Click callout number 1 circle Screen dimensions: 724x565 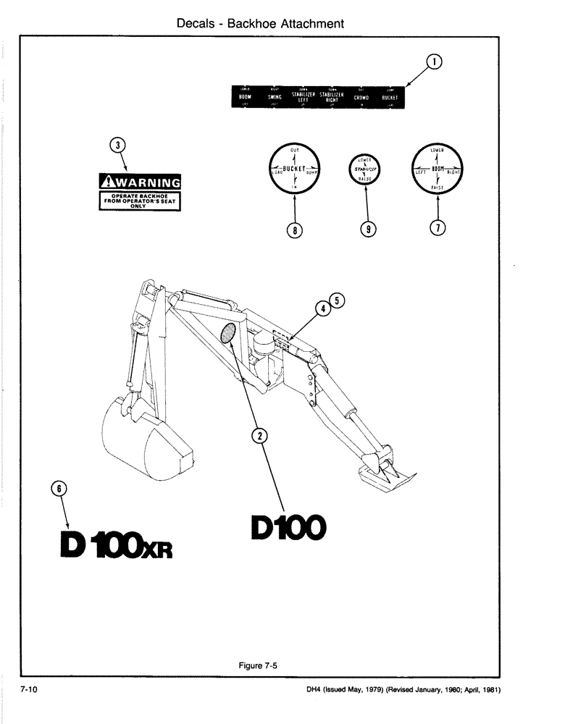433,63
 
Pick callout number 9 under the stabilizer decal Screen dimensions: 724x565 368,230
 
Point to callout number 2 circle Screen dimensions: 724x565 259,435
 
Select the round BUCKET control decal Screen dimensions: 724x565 295,169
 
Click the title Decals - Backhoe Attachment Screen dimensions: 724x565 260,24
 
